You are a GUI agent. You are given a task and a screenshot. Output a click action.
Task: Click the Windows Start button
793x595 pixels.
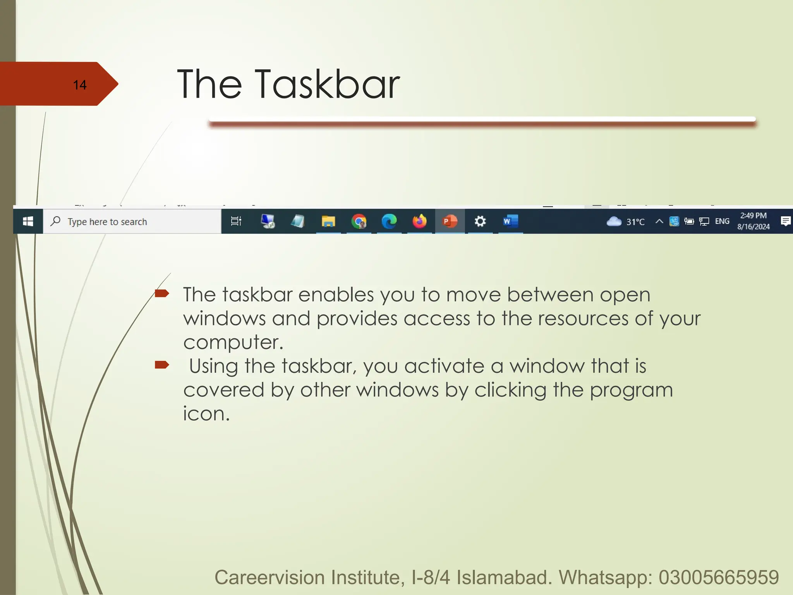(28, 222)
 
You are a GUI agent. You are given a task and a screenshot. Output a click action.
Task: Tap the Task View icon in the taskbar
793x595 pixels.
(236, 221)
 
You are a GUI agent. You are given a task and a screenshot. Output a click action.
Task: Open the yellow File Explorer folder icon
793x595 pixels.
(328, 222)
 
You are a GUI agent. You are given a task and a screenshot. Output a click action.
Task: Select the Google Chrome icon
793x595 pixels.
(359, 222)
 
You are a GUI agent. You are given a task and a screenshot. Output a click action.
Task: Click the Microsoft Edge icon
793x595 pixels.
(389, 222)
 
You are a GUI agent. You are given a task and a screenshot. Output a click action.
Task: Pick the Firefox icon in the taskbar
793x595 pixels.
(419, 222)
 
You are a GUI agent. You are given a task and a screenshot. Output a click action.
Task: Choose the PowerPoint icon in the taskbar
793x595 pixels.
(450, 222)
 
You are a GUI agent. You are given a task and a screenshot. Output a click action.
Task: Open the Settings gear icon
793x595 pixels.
(480, 222)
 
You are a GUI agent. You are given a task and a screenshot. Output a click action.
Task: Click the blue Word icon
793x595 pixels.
(510, 222)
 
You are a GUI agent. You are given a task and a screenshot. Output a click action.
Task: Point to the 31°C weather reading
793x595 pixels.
(635, 222)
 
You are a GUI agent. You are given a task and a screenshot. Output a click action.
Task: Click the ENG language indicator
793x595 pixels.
(722, 221)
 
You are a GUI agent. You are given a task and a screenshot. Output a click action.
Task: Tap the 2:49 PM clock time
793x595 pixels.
(753, 216)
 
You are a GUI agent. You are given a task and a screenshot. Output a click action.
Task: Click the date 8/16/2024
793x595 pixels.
(753, 227)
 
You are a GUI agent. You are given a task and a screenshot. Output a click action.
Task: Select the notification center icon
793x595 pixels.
(786, 221)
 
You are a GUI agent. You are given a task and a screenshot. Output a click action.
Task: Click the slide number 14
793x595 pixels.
(80, 85)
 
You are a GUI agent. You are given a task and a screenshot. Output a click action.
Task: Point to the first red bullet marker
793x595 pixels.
(162, 293)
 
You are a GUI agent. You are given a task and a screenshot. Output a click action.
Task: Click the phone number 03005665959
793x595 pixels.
(719, 578)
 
